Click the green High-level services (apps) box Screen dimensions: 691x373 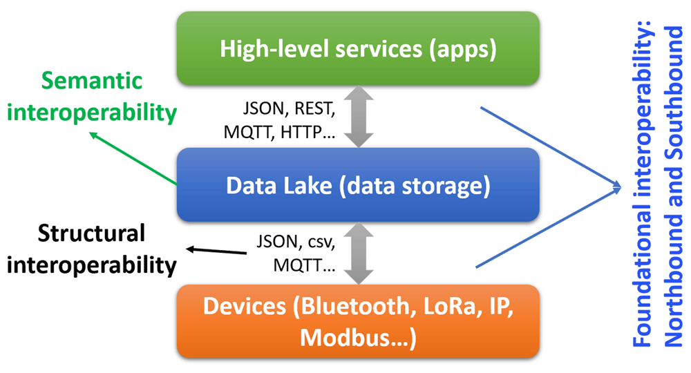point(358,48)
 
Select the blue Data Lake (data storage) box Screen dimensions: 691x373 point(358,185)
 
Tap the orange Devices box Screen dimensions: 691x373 point(358,321)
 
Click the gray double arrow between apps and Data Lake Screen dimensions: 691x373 point(359,117)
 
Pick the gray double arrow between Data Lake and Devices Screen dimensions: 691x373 point(359,254)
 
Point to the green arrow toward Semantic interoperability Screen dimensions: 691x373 point(133,158)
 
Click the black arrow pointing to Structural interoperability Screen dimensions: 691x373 point(216,251)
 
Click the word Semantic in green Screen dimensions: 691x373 point(92,81)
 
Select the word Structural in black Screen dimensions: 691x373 point(91,233)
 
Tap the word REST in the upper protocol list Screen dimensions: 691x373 point(314,108)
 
